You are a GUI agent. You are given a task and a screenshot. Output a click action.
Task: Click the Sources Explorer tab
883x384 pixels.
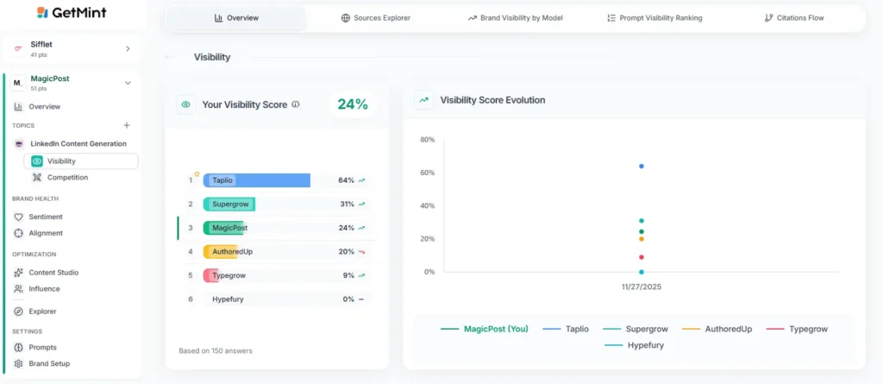376,18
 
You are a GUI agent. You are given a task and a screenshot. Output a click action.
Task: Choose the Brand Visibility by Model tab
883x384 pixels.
515,18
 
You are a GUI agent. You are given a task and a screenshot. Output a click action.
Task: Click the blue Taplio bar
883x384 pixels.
257,180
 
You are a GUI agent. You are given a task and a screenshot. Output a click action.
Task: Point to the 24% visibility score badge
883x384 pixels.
352,104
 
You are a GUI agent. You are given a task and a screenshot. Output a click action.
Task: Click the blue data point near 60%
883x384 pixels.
642,166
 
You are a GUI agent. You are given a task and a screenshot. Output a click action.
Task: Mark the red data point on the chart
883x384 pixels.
642,257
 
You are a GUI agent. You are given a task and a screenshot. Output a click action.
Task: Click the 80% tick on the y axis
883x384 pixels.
427,140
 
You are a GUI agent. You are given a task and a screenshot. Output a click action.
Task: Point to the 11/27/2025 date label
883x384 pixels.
642,286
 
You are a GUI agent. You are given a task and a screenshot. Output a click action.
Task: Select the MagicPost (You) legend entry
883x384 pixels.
486,329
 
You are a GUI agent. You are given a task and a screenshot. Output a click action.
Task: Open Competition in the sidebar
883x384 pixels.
67,178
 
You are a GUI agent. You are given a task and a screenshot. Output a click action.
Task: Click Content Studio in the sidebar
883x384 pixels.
53,273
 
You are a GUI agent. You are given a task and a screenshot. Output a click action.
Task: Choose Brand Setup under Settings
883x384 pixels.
49,363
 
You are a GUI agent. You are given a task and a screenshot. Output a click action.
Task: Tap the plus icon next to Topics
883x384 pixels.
127,125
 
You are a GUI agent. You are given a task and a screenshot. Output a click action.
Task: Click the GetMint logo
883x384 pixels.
72,13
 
